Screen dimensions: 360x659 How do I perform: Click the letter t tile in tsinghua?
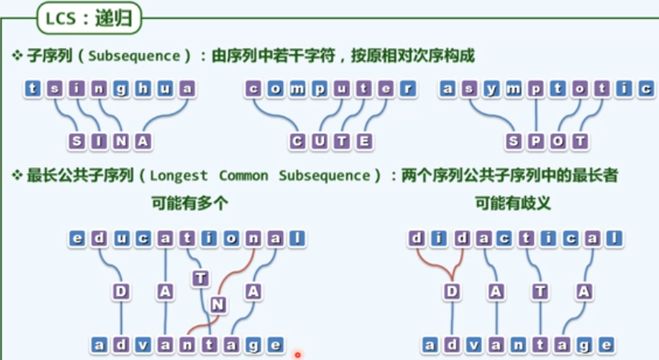tap(33, 88)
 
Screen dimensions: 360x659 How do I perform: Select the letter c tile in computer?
tap(254, 88)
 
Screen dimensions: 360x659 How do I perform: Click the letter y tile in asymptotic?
tap(491, 88)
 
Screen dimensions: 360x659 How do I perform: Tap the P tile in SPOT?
tap(536, 142)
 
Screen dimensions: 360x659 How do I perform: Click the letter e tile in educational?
tap(77, 238)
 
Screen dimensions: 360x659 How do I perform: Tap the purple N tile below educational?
tap(218, 304)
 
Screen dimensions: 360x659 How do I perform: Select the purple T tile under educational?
tap(200, 278)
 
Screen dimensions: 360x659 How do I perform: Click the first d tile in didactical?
tap(416, 238)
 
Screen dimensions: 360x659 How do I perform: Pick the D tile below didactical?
tap(452, 292)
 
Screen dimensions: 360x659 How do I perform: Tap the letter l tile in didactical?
tap(613, 238)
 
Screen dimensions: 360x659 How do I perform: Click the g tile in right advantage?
tap(585, 345)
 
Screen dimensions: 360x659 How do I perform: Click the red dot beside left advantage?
tap(297, 354)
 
